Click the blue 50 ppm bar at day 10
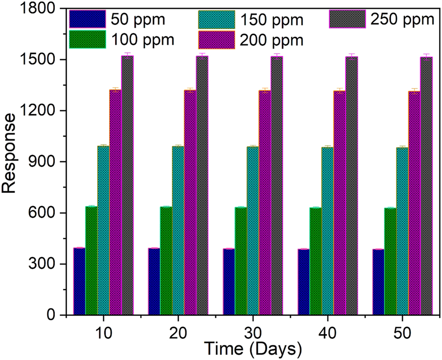(79, 281)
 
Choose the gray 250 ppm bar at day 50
(426, 186)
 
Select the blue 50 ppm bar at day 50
(378, 282)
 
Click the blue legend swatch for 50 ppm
(87, 20)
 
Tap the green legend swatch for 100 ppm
(87, 39)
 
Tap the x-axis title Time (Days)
(252, 349)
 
